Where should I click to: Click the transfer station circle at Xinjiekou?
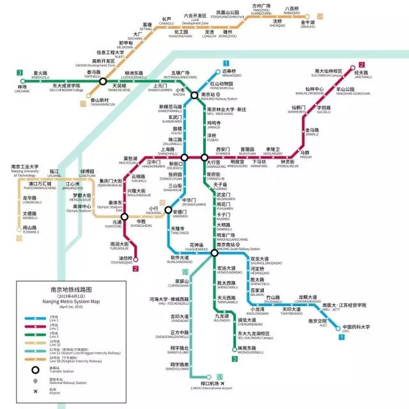pos(184,157)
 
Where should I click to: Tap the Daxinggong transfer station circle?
pos(204,157)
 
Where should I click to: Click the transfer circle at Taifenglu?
pos(103,81)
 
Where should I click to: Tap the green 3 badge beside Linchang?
pos(21,72)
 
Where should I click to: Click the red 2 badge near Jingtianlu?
pos(362,65)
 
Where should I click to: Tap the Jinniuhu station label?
pos(308,24)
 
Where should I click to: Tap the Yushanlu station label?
pos(30,229)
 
